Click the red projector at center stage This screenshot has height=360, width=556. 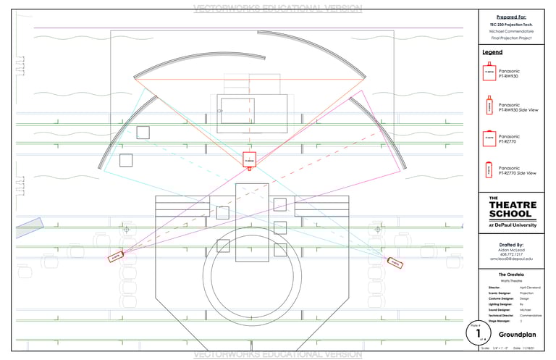pyautogui.click(x=249, y=159)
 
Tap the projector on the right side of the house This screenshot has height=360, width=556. pyautogui.click(x=395, y=262)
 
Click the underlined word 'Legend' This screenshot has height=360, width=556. pyautogui.click(x=492, y=52)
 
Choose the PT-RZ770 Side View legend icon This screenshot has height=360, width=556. pyautogui.click(x=489, y=170)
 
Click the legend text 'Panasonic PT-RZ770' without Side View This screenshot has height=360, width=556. pyautogui.click(x=510, y=138)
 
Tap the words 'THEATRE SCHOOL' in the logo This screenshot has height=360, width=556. pyautogui.click(x=513, y=209)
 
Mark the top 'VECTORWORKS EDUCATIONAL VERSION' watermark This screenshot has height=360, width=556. pyautogui.click(x=278, y=9)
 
